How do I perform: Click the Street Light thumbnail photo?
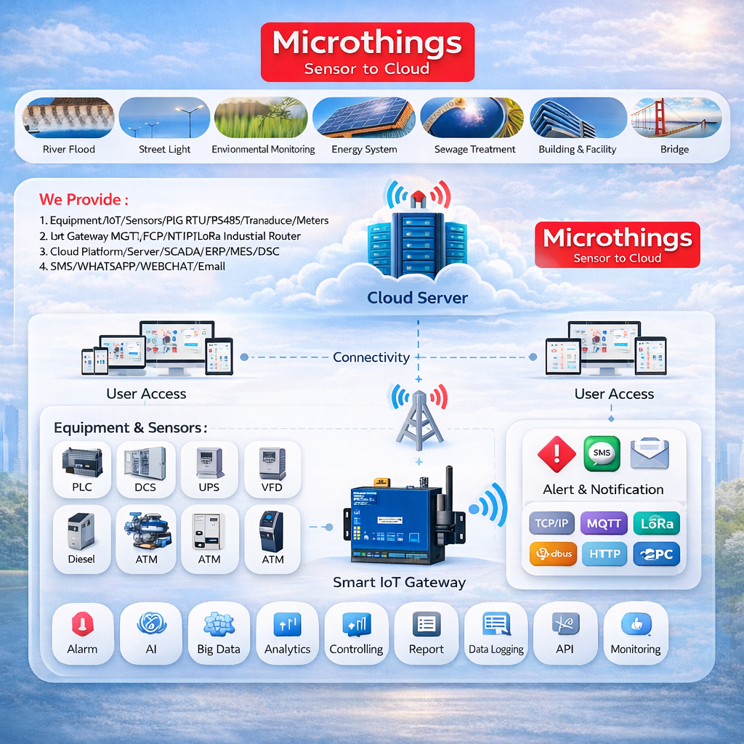[164, 118]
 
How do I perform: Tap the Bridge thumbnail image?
[675, 118]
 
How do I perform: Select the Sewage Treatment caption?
[474, 150]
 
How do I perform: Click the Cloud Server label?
[417, 297]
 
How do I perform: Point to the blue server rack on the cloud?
[417, 243]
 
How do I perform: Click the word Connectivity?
[371, 357]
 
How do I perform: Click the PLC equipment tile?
[82, 469]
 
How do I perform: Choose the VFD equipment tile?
[272, 469]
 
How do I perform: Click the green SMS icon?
[602, 454]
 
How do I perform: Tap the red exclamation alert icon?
[556, 454]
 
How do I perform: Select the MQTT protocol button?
[603, 523]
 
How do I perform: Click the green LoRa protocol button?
[656, 523]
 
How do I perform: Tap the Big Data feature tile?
[219, 633]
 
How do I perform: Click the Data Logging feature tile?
[496, 633]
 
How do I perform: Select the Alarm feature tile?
[82, 633]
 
